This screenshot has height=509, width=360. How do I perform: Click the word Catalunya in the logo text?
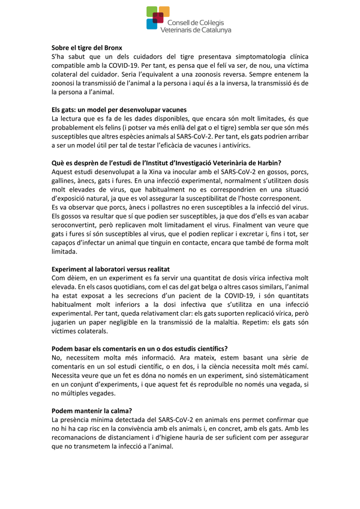214,29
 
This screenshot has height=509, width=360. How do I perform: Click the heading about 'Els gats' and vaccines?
119,110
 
